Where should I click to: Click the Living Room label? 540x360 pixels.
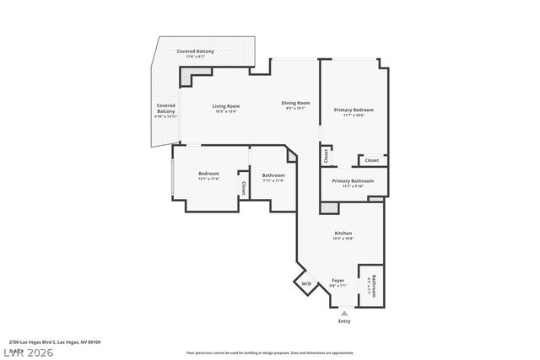coord(227,106)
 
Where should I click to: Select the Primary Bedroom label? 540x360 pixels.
coord(353,110)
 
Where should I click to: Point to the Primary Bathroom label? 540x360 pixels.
coord(353,181)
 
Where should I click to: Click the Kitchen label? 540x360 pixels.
coord(343,234)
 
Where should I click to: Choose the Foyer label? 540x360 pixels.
coord(337,280)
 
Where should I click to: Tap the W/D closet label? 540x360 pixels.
coord(306,283)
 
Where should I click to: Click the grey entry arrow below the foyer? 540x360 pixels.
coord(343,313)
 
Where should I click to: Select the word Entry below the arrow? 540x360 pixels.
coord(343,321)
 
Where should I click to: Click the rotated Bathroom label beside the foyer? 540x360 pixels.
coord(373,285)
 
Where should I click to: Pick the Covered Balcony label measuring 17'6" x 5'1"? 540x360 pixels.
coord(195,52)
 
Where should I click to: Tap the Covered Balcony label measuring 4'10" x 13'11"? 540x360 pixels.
coord(166,109)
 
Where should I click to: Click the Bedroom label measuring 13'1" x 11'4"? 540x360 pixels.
coord(208,174)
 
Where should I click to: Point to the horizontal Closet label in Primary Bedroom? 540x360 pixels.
coord(371,160)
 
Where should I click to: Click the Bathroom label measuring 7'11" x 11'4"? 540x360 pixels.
coord(273,175)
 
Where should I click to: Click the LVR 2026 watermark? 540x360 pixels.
coord(27,352)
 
